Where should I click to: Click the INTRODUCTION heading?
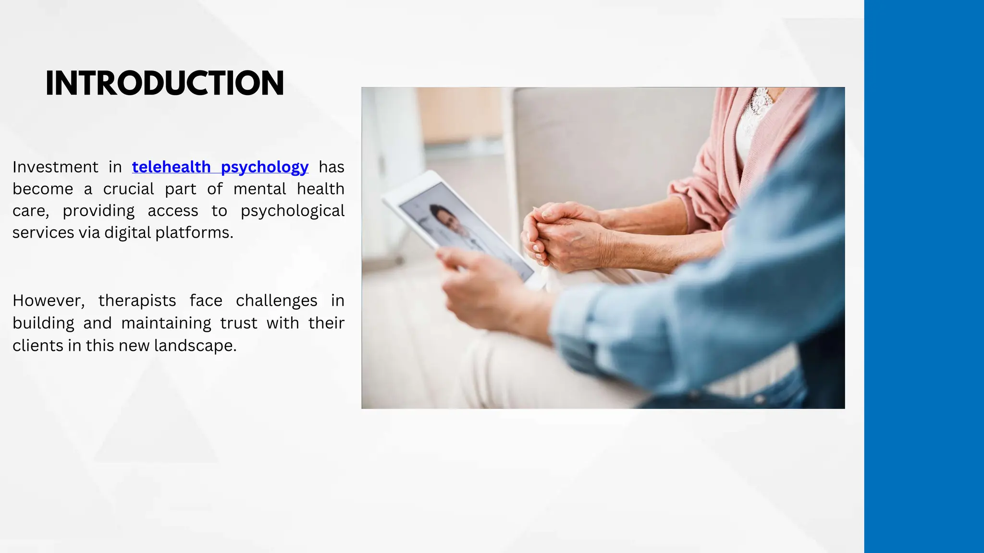tap(164, 83)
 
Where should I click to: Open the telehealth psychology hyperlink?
tap(220, 167)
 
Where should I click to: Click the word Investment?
tap(55, 167)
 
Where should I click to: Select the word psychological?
tap(292, 211)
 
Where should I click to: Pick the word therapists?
tap(137, 301)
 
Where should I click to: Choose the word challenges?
tap(276, 301)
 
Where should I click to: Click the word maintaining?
tap(166, 324)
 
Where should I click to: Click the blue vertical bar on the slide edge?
tap(923, 276)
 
